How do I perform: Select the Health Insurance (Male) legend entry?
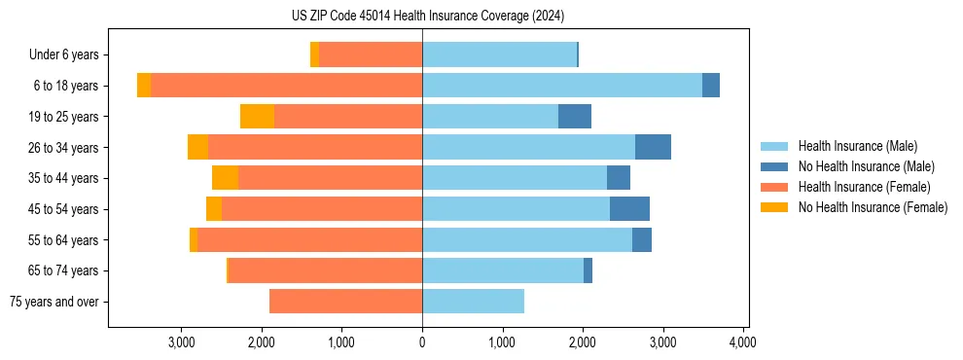pyautogui.click(x=856, y=146)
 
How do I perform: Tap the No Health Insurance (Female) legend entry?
pyautogui.click(x=873, y=207)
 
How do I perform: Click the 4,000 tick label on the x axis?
pyautogui.click(x=743, y=342)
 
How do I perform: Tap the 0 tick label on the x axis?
pyautogui.click(x=422, y=342)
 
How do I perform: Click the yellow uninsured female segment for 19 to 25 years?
pyautogui.click(x=257, y=117)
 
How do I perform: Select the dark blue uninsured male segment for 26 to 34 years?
pyautogui.click(x=653, y=147)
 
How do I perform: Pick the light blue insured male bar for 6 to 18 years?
pyautogui.click(x=562, y=86)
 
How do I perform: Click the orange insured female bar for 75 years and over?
pyautogui.click(x=345, y=302)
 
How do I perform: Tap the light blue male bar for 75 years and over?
pyautogui.click(x=473, y=302)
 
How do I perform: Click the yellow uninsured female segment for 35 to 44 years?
pyautogui.click(x=225, y=178)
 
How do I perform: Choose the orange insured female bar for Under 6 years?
pyautogui.click(x=371, y=55)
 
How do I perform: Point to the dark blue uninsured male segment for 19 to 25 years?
pyautogui.click(x=575, y=117)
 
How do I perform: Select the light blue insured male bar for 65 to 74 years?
pyautogui.click(x=503, y=270)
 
